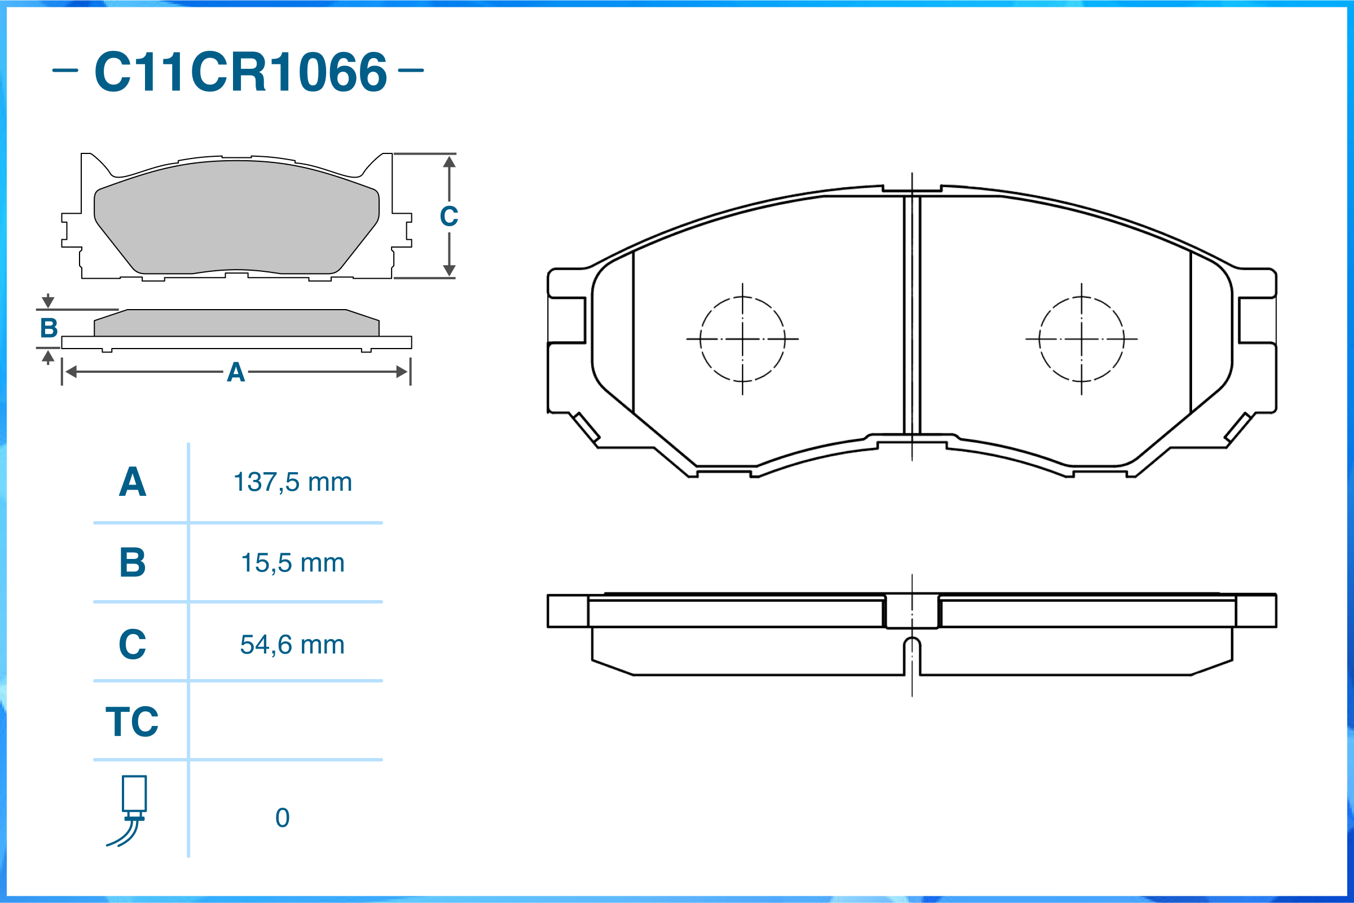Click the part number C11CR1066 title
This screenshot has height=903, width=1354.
coord(240,72)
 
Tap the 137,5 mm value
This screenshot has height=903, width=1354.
coord(292,482)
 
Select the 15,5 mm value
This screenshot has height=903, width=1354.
coord(292,563)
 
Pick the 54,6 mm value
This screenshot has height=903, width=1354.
coord(292,645)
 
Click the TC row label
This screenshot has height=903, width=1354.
coord(132,721)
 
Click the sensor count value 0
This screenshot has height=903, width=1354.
coord(282,818)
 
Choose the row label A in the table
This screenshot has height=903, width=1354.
coord(133,482)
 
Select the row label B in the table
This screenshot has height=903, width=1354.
coord(133,563)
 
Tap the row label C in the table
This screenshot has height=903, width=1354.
coord(133,645)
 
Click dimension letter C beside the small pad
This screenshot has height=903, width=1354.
coord(449,217)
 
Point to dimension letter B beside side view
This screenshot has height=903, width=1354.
coord(49,328)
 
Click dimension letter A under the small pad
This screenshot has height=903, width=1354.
coord(236,373)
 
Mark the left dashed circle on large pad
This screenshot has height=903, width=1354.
coord(742,339)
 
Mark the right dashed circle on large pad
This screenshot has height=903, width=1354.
coord(1081,339)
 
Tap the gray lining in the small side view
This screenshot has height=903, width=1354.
coord(236,323)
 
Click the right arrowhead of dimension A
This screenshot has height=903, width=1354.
coord(402,372)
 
